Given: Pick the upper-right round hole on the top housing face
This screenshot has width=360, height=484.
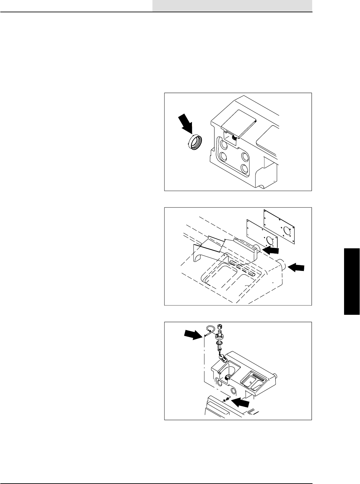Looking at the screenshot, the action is (245, 156).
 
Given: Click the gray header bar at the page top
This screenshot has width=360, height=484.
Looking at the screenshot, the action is (232, 5).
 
